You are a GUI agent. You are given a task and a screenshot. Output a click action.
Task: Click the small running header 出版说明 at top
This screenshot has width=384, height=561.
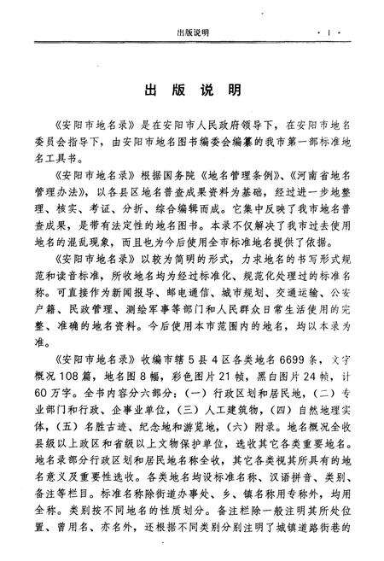coord(192,32)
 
